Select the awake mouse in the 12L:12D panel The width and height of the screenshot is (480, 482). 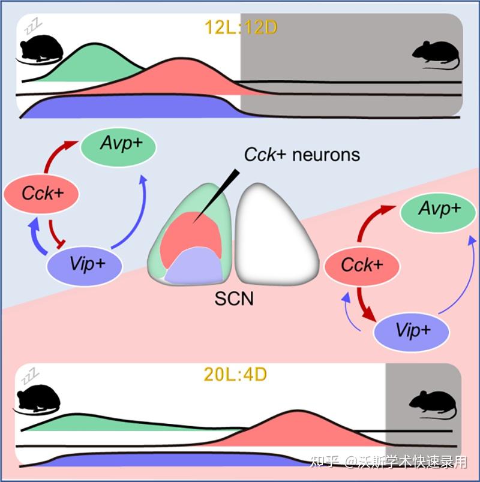tap(435, 55)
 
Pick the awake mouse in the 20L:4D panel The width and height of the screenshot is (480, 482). tap(432, 403)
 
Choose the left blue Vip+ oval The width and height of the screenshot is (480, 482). tap(85, 264)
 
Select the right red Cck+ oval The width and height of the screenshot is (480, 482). tap(362, 265)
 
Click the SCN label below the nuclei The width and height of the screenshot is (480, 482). tap(234, 297)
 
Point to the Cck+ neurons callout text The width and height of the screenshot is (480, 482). tap(302, 155)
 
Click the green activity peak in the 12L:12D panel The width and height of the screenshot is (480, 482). tap(96, 63)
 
